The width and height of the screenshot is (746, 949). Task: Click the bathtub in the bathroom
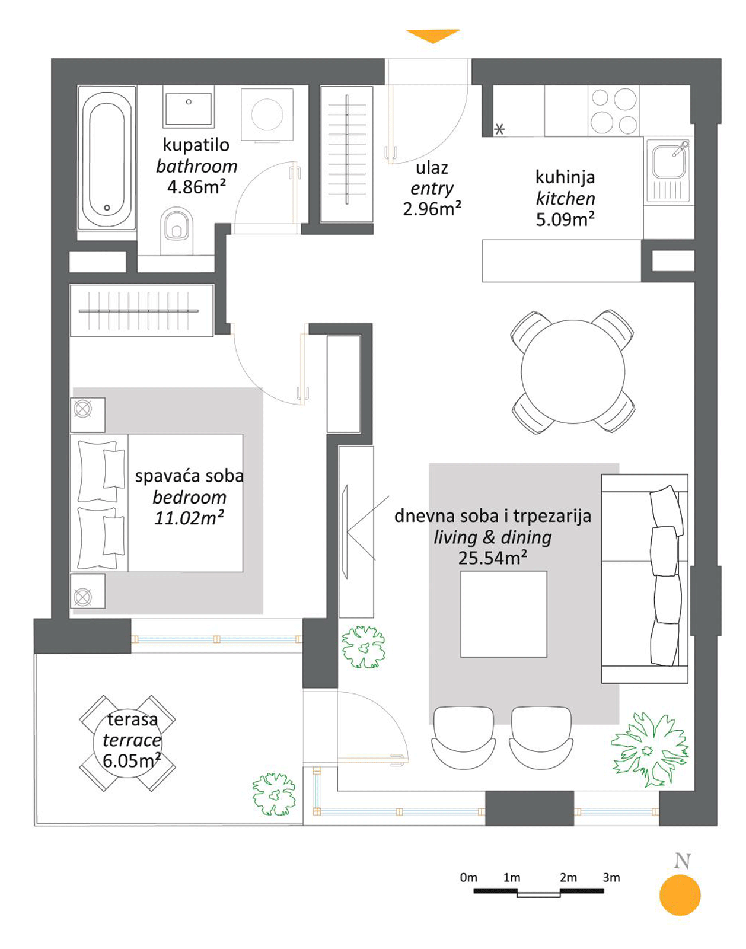[x=107, y=157]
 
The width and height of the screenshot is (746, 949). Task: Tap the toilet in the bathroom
[x=176, y=230]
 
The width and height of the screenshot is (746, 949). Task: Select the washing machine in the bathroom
[x=267, y=114]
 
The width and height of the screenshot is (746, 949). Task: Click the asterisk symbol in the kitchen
[x=499, y=129]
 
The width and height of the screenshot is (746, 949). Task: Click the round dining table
[x=573, y=372]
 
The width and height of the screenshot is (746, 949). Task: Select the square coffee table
[x=503, y=614]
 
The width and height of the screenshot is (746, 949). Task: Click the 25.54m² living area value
[x=492, y=558]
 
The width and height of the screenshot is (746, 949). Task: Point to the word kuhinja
[x=565, y=178]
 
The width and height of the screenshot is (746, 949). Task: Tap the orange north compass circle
[x=680, y=895]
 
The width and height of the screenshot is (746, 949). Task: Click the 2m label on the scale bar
[x=568, y=878]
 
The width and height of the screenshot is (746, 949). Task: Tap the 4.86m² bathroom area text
[x=196, y=187]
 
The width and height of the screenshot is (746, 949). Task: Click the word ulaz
[x=432, y=168]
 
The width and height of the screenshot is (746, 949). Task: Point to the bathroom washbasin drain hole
[x=188, y=102]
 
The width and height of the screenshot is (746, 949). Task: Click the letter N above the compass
[x=682, y=861]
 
